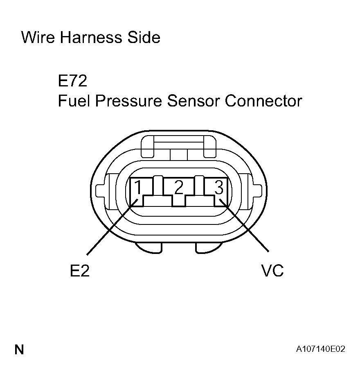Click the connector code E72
pos(72,81)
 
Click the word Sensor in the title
pos(194,101)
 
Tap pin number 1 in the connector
pos(139,188)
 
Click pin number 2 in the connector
pos(178,188)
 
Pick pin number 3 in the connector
pos(219,188)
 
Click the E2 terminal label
pos(80,271)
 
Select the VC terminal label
pos(272,271)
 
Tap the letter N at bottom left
pos(19,350)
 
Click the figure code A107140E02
pos(321,350)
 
